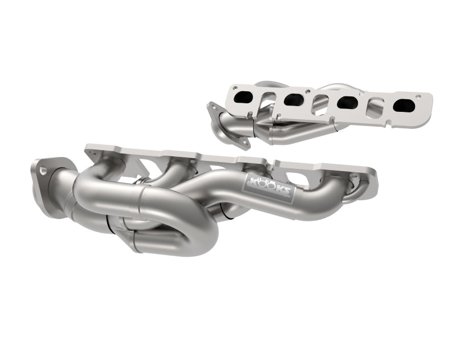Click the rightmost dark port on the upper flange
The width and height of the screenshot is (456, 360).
[x=404, y=106]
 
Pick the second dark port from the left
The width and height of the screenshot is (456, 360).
[x=294, y=100]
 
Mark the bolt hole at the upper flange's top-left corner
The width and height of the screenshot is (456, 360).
[x=234, y=89]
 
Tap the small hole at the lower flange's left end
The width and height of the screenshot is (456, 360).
[x=92, y=152]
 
